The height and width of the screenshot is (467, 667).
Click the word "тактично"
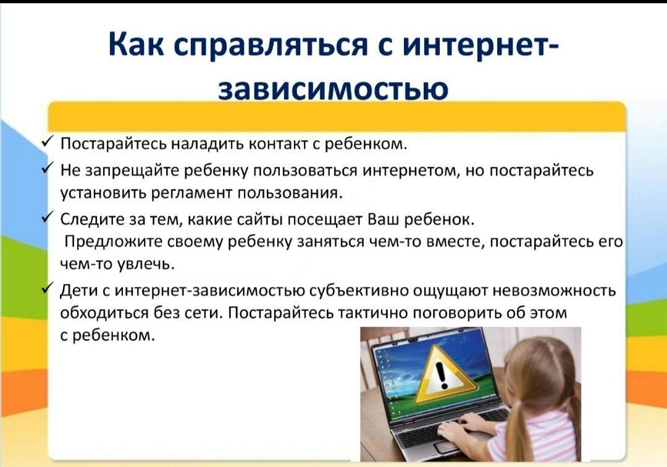[x=372, y=313]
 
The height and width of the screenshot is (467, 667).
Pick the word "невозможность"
[x=554, y=291]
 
